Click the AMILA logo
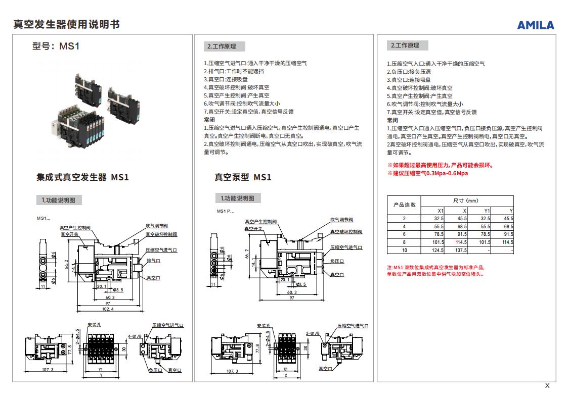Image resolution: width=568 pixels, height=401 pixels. coord(535,25)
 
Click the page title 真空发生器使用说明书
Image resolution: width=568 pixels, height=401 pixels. coord(66,24)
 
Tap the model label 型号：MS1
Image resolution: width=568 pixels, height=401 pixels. coord(56,46)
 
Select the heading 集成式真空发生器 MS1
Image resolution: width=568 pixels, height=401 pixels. coord(83,177)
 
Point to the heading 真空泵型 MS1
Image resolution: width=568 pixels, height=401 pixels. coord(243,177)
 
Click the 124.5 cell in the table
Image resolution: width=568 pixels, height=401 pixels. coord(438,250)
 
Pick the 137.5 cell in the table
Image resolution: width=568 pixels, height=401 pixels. coord(460,250)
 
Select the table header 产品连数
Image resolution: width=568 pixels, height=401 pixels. coord(404,205)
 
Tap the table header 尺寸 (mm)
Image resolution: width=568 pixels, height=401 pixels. coord(466,201)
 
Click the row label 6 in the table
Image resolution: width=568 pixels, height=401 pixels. coord(404,234)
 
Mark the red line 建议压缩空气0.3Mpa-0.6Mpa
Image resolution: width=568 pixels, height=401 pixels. coord(428,173)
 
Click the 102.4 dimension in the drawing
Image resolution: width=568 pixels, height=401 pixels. coord(108,309)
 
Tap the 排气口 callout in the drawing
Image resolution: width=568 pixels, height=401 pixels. coord(153,261)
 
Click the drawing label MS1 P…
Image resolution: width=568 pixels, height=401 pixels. coord(226,211)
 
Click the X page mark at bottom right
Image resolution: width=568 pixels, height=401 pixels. coord(547,386)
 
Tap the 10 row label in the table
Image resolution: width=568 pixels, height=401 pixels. coord(404,250)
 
